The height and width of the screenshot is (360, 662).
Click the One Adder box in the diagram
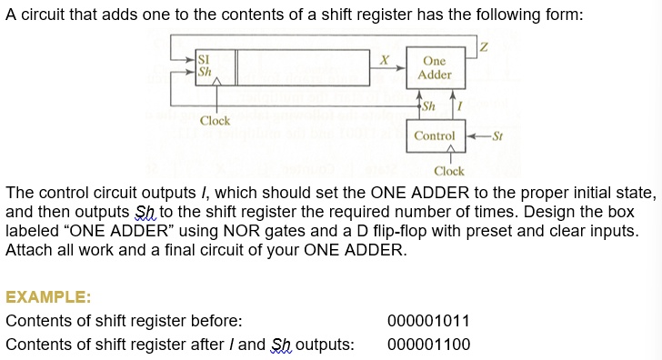point(434,68)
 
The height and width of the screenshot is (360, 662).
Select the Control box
point(434,135)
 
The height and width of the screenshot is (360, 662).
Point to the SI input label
point(204,59)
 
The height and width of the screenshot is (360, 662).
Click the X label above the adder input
point(386,59)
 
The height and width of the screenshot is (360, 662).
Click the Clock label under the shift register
point(216,121)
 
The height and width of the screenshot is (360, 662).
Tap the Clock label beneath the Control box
point(448,171)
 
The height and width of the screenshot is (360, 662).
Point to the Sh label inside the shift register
point(205,71)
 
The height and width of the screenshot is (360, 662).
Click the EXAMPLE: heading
point(48,297)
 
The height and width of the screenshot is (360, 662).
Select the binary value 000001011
point(428,321)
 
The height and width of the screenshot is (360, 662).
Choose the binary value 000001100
point(428,345)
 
